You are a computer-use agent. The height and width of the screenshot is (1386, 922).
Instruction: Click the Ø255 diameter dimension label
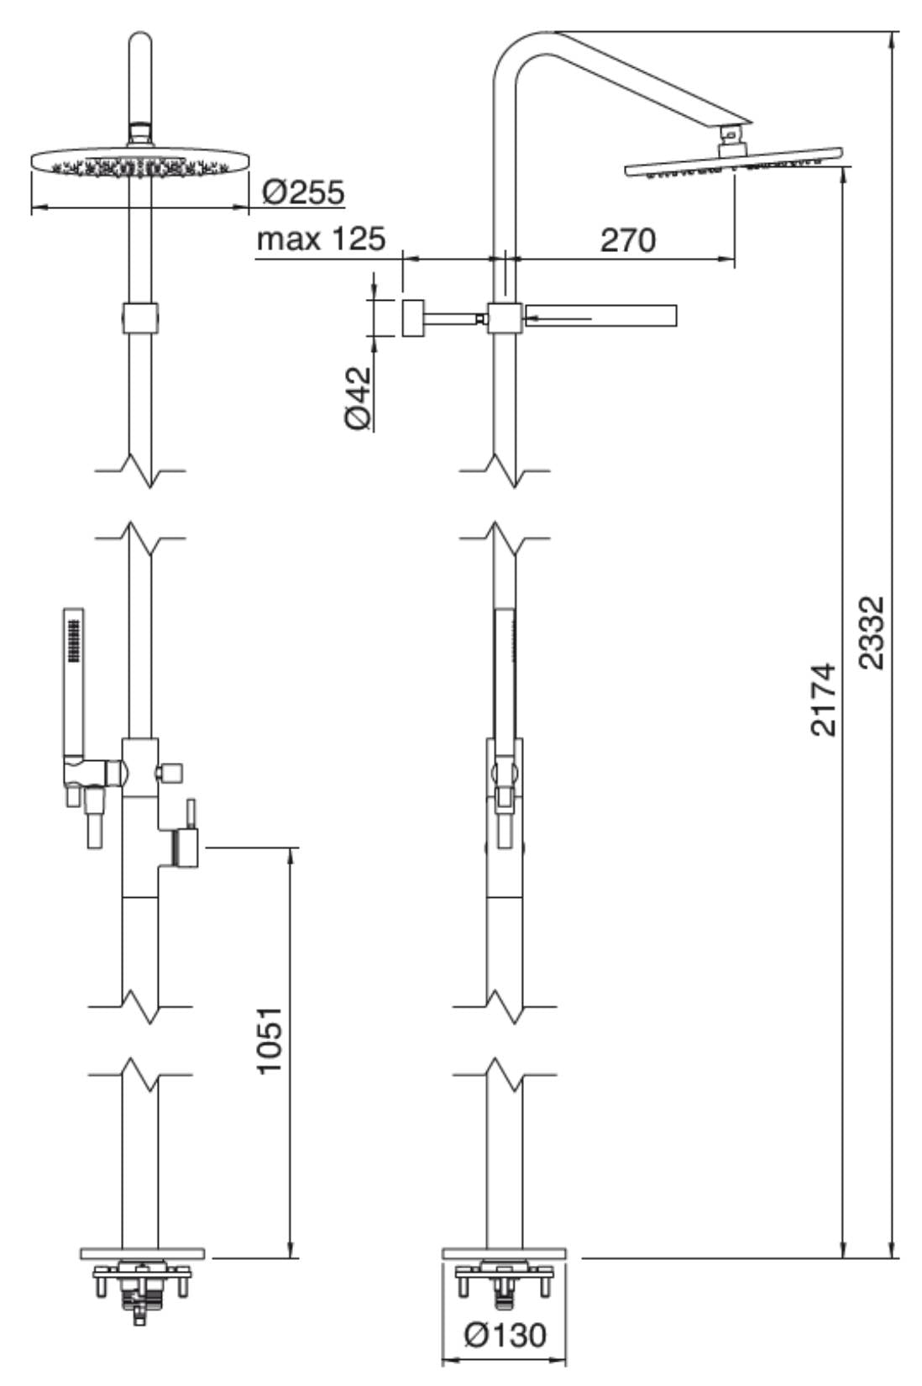302,192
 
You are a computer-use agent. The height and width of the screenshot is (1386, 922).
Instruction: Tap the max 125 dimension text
321,239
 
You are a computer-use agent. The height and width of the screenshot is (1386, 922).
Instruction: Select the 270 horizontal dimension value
627,240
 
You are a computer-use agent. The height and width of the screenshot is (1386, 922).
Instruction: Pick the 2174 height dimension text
824,699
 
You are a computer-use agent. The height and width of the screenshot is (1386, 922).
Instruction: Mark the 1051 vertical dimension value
270,1040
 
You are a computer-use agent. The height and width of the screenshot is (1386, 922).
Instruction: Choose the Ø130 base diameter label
505,1333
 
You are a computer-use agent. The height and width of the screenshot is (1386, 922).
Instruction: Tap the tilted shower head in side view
735,165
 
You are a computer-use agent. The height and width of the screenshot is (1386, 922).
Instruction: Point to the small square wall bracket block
412,318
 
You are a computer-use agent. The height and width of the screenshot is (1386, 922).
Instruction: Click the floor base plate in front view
142,1253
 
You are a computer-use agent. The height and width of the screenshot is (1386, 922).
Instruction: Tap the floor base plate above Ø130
504,1253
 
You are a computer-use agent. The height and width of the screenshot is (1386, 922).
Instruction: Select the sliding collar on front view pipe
140,318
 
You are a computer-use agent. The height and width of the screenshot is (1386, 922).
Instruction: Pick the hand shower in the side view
505,672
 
